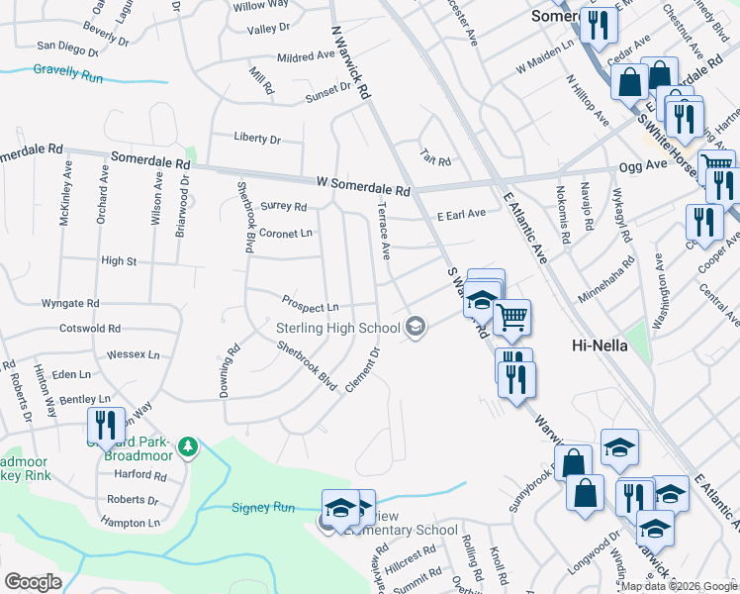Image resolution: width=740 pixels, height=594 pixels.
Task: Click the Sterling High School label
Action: tap(337, 328)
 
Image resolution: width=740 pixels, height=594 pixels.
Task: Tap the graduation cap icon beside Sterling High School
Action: tap(416, 327)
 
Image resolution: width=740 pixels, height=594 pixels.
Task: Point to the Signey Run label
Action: tap(263, 508)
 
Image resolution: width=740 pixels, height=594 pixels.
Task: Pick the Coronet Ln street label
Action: tap(285, 234)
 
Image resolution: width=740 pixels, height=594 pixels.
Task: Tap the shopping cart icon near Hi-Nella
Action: tap(511, 318)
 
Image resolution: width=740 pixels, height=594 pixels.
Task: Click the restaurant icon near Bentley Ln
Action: tap(105, 425)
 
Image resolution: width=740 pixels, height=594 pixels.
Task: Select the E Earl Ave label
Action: tap(461, 214)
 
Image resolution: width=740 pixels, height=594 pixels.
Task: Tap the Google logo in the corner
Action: tap(33, 582)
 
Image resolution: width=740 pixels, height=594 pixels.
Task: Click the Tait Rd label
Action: tap(435, 161)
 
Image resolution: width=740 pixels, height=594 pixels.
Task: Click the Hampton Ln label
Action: tap(133, 522)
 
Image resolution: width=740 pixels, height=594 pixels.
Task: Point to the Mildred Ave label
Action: tap(307, 57)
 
